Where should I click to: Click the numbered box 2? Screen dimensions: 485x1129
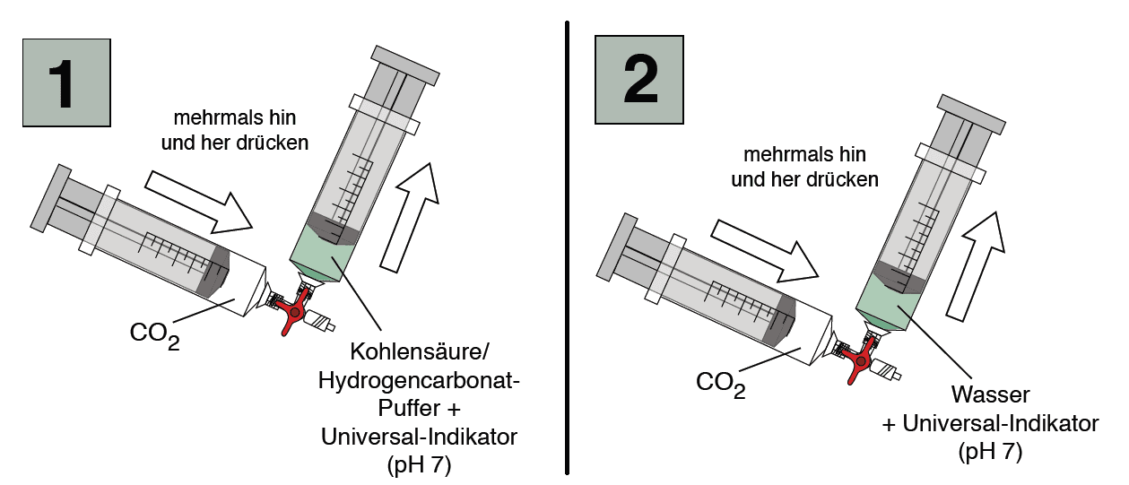(x=639, y=80)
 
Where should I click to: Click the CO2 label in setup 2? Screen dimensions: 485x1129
(x=720, y=384)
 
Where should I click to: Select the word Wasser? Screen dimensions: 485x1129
(x=992, y=395)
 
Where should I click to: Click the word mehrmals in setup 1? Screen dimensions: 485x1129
(x=205, y=118)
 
